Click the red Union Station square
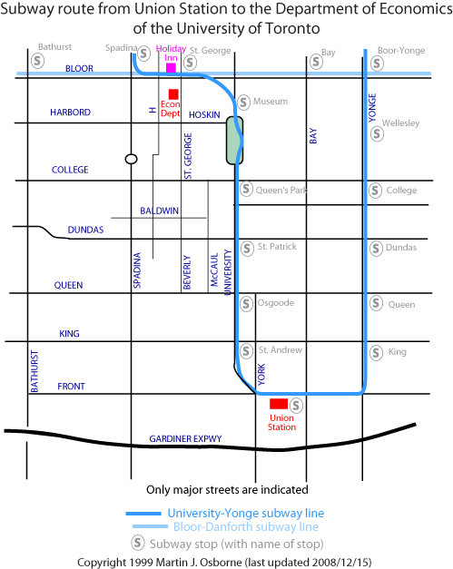pyautogui.click(x=279, y=404)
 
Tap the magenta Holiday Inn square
pyautogui.click(x=171, y=68)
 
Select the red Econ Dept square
pyautogui.click(x=173, y=94)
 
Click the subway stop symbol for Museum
pyautogui.click(x=244, y=103)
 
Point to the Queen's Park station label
pyautogui.click(x=281, y=191)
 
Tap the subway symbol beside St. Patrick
pyautogui.click(x=247, y=249)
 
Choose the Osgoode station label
pyautogui.click(x=276, y=302)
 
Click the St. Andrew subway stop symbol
pyautogui.click(x=246, y=351)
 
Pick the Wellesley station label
pyautogui.click(x=400, y=123)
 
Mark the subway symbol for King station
pyautogui.click(x=376, y=353)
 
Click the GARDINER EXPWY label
pyautogui.click(x=185, y=438)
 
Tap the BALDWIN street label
pyautogui.click(x=160, y=211)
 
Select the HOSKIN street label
pyautogui.click(x=204, y=115)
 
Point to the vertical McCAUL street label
pyautogui.click(x=214, y=270)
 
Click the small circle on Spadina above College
pyautogui.click(x=131, y=159)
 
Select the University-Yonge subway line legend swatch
pyautogui.click(x=143, y=514)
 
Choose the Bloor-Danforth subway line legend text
pyautogui.click(x=246, y=526)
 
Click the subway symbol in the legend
pyautogui.click(x=138, y=544)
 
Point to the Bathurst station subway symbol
pyautogui.click(x=38, y=61)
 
